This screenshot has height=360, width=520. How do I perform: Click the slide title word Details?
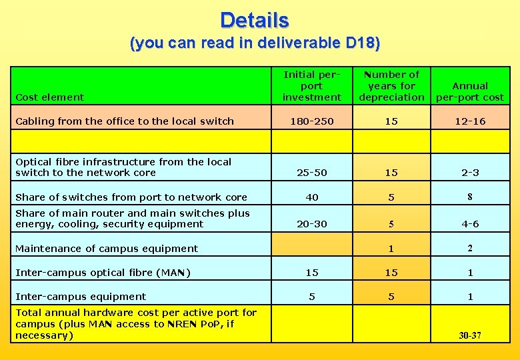254,20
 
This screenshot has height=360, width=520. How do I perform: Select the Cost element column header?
49,97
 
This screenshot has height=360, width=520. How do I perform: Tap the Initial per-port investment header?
311,86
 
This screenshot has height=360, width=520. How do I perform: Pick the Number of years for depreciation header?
391,86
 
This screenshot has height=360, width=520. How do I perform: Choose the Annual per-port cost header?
469,91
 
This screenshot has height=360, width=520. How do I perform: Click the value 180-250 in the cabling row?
311,121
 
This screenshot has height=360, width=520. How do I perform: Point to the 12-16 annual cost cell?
470,121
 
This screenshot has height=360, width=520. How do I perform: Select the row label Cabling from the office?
125,121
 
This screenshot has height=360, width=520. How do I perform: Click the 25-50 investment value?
311,173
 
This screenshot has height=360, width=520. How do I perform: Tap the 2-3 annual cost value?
470,173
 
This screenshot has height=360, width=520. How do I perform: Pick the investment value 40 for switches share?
311,197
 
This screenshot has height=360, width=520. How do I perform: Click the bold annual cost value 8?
470,197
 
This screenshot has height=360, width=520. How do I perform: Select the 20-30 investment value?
311,224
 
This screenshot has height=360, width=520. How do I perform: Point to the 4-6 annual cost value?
470,224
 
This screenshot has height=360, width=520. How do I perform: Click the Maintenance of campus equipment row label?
107,249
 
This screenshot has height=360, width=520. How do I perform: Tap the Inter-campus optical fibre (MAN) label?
103,273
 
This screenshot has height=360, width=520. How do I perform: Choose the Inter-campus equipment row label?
81,297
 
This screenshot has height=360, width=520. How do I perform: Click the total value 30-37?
470,335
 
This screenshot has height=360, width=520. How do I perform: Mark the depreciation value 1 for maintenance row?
391,249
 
